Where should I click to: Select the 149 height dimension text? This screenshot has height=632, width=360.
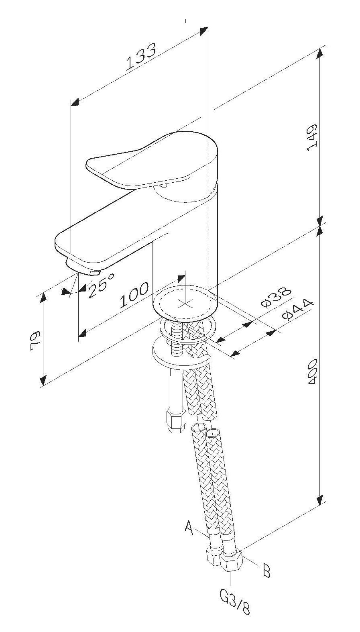[312, 137]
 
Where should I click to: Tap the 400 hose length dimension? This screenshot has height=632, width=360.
[312, 371]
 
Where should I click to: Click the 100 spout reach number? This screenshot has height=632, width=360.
[134, 295]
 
